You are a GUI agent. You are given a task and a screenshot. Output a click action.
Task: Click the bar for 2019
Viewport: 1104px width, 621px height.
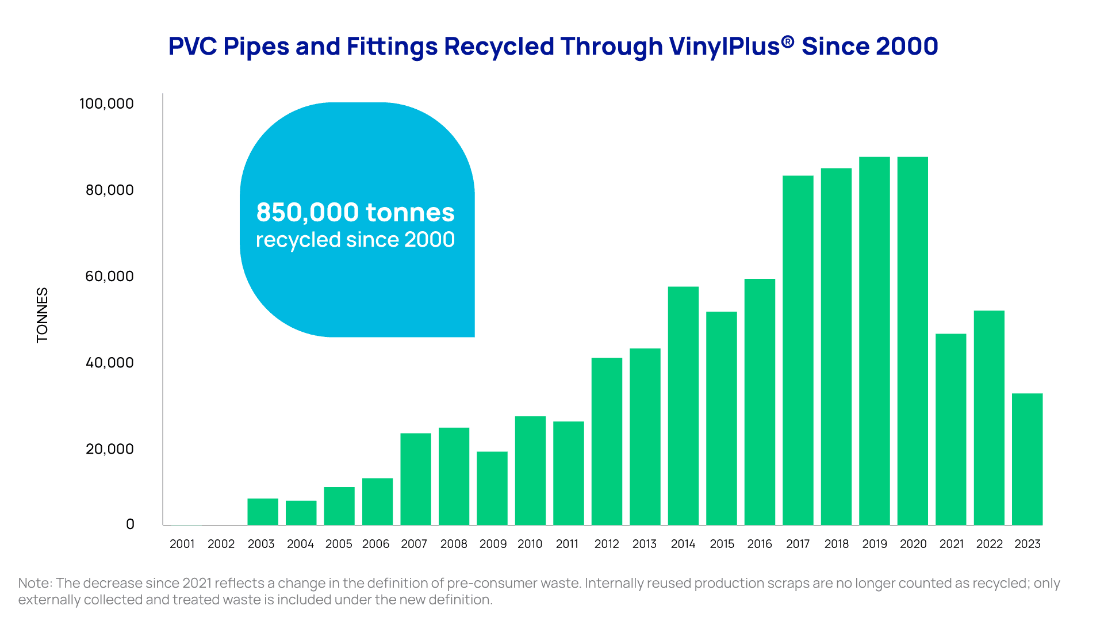pyautogui.click(x=874, y=341)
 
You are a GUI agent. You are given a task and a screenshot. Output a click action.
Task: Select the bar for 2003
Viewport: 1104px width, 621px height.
pyautogui.click(x=263, y=512)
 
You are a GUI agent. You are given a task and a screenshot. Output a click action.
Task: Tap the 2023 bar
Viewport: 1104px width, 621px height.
pyautogui.click(x=1027, y=459)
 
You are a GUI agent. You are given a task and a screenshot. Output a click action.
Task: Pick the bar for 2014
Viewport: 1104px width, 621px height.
pyautogui.click(x=683, y=406)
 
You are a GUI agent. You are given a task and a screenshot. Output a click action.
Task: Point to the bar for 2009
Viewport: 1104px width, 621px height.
pyautogui.click(x=492, y=489)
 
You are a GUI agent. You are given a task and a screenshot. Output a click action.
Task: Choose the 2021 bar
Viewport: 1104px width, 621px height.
pyautogui.click(x=951, y=430)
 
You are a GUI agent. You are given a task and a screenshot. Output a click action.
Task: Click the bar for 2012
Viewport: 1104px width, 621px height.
pyautogui.click(x=607, y=442)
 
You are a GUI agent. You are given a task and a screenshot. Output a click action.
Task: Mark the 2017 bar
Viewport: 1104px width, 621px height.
pyautogui.click(x=798, y=351)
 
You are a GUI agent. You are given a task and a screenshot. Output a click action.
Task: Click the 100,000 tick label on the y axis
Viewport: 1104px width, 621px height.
pyautogui.click(x=106, y=103)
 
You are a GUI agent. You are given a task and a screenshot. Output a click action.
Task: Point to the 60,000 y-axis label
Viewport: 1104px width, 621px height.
pyautogui.click(x=109, y=276)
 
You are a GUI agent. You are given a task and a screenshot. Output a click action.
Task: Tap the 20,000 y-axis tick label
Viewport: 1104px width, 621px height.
pyautogui.click(x=109, y=448)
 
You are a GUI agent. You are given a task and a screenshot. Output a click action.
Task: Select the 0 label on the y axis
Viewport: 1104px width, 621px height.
pyautogui.click(x=130, y=524)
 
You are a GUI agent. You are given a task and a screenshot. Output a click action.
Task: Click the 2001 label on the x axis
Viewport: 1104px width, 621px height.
pyautogui.click(x=182, y=544)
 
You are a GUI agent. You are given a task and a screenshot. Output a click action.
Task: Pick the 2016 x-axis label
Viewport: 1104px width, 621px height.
pyautogui.click(x=760, y=544)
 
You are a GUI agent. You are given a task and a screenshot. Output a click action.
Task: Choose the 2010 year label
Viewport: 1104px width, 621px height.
pyautogui.click(x=530, y=544)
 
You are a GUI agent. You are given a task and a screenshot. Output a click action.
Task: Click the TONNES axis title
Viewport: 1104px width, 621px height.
pyautogui.click(x=42, y=315)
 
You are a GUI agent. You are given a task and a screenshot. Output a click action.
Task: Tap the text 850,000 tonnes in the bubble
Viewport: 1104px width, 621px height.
pyautogui.click(x=355, y=212)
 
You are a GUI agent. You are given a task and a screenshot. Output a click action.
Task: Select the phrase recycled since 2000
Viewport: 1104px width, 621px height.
pyautogui.click(x=355, y=240)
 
